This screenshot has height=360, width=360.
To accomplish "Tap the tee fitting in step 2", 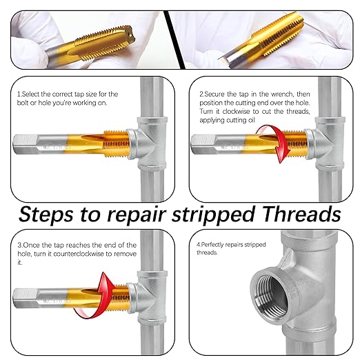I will point(327,141).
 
